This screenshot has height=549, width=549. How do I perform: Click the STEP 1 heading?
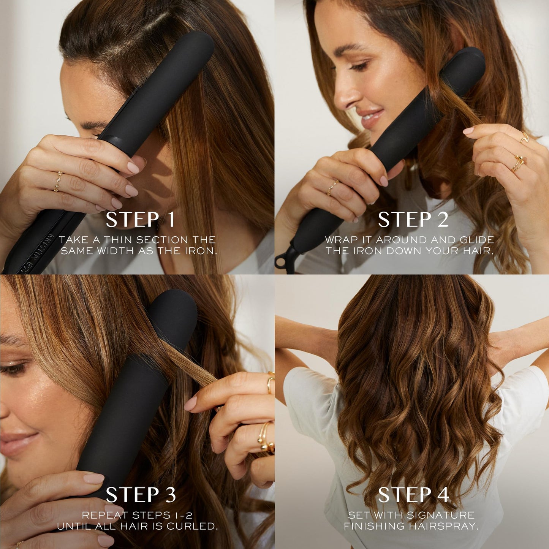(x=141, y=220)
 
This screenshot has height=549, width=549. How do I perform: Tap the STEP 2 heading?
(x=413, y=220)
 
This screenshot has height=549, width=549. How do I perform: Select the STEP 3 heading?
(x=141, y=495)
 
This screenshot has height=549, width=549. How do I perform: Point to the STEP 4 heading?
(x=413, y=495)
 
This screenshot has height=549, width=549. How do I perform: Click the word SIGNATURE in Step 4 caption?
(x=440, y=515)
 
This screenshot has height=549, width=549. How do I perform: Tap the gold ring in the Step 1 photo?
(x=59, y=181)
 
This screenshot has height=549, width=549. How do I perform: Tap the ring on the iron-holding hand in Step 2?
(x=332, y=187)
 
